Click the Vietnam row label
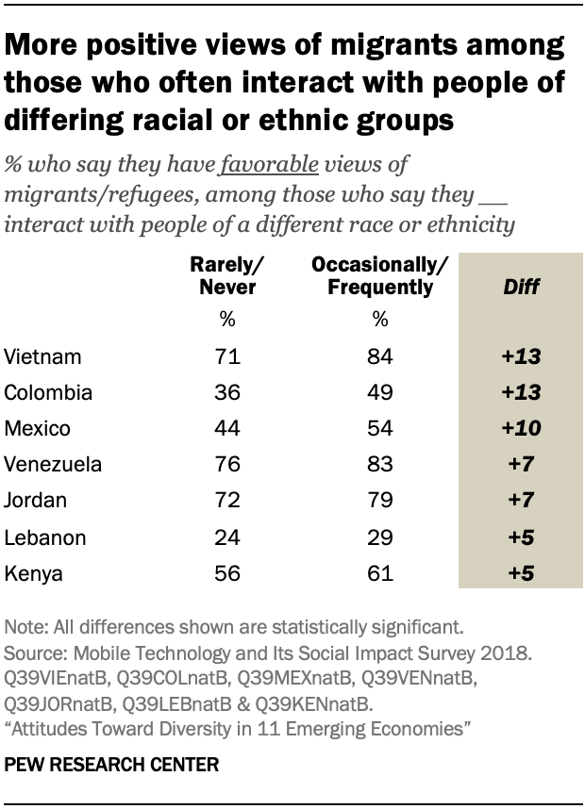[43, 357]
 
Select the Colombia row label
[49, 393]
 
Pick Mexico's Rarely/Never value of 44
[228, 429]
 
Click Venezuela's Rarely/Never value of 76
[228, 465]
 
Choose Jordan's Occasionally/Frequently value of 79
[380, 502]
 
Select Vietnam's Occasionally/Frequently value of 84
[380, 357]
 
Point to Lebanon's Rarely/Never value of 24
[228, 537]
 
